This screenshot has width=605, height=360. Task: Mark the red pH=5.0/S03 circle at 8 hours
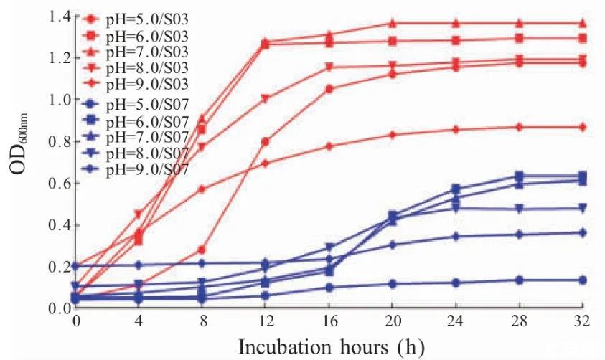point(202,250)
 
